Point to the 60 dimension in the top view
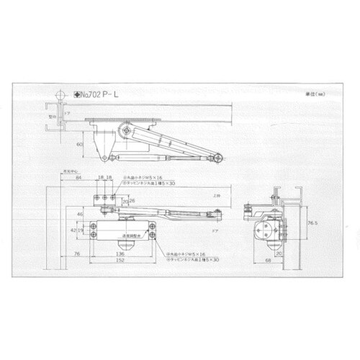click(x=79, y=144)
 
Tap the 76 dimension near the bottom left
click(x=76, y=253)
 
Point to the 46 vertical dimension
click(x=80, y=214)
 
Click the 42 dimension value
click(x=73, y=230)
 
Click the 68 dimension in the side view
click(x=269, y=261)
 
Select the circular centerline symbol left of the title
click(x=60, y=93)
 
